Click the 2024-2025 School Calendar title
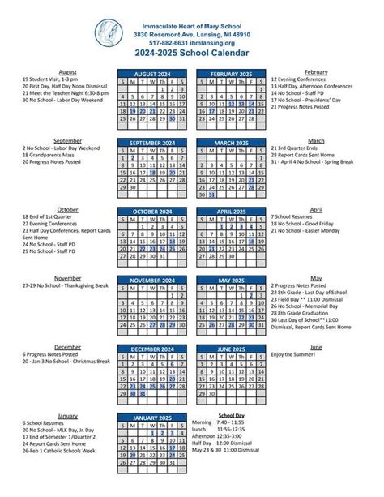coord(191,54)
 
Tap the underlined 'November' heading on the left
coord(67,278)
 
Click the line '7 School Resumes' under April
coord(295,217)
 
